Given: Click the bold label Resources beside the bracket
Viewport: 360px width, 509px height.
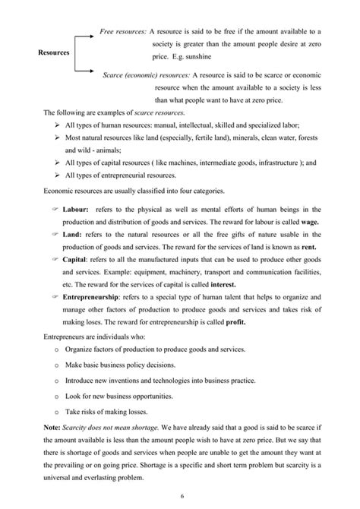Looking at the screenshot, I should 53,53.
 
